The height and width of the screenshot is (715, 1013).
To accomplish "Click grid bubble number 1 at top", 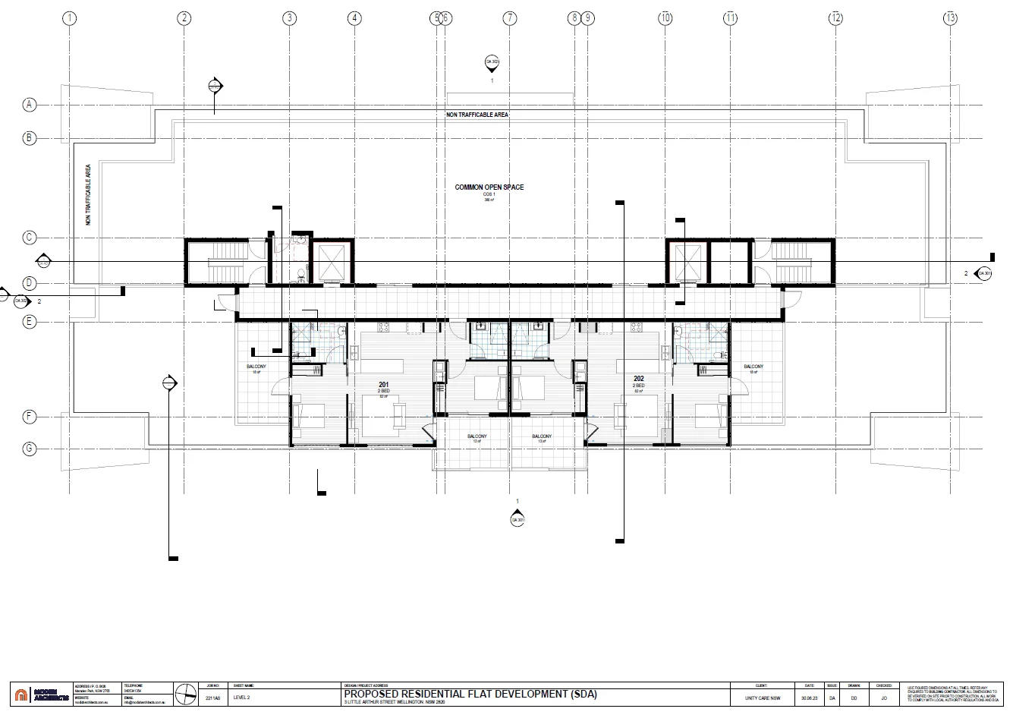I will [x=70, y=17].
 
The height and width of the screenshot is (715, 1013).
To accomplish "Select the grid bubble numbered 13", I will [x=950, y=17].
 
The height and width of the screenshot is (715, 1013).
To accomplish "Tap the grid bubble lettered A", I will [x=30, y=105].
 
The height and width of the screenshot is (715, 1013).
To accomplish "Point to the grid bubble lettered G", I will [x=30, y=449].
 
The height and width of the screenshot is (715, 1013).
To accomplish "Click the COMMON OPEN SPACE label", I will [x=489, y=187].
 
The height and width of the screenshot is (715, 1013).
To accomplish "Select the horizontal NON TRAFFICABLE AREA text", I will [x=477, y=115].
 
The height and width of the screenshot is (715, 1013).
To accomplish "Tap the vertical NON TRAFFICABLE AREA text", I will [x=89, y=194].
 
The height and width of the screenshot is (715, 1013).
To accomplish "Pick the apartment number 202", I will [x=639, y=377].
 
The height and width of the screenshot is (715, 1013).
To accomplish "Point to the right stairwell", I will [x=792, y=262].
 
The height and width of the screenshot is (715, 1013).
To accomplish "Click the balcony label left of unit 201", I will [x=256, y=367].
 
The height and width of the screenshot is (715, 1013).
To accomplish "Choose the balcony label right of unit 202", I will [x=753, y=367].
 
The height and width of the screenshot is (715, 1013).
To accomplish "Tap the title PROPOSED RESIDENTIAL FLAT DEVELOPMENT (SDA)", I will [x=470, y=694].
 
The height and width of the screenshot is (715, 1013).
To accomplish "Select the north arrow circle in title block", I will [x=184, y=694].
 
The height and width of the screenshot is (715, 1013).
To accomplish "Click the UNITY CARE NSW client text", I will [x=763, y=698].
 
